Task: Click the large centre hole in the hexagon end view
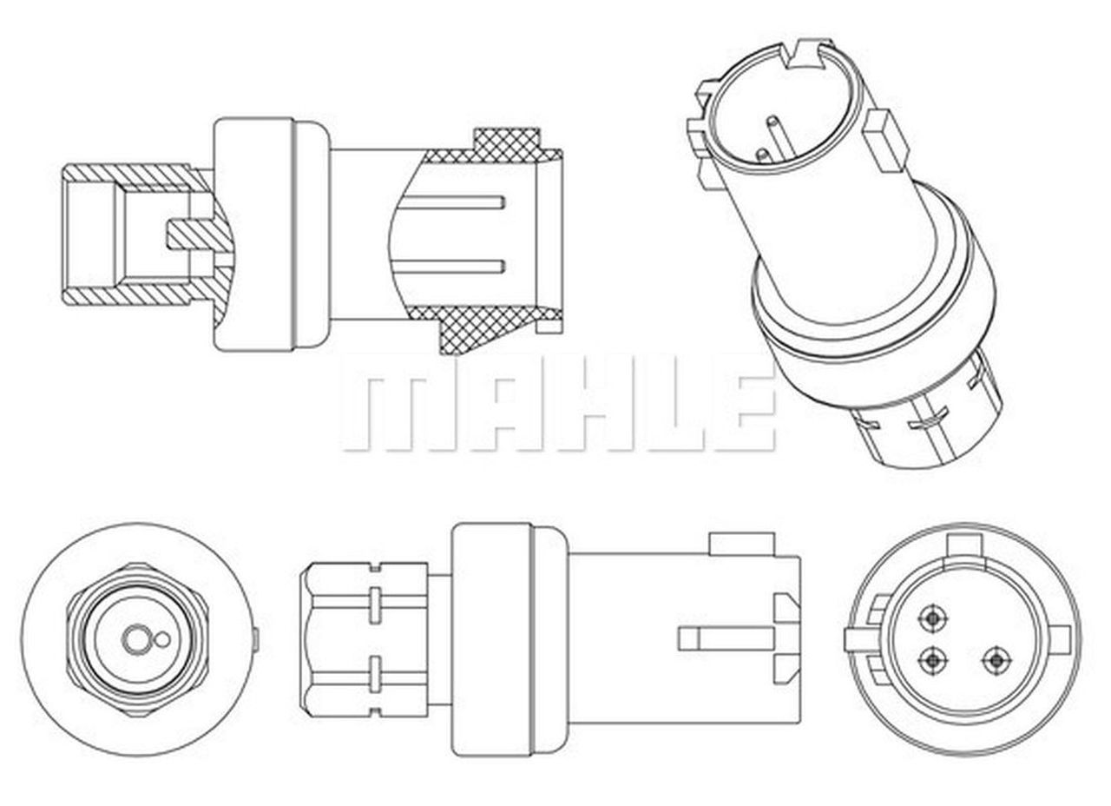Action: pos(135,640)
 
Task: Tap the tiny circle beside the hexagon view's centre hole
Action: pos(161,641)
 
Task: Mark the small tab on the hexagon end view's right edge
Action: pos(254,640)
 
